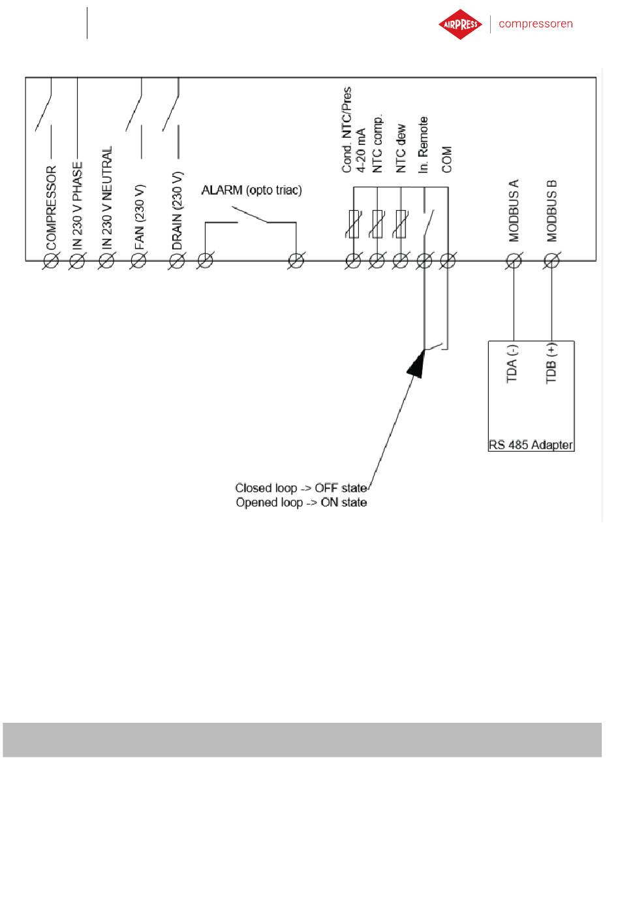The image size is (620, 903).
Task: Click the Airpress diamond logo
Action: coord(460,24)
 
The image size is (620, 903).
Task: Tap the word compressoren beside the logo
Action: coord(535,24)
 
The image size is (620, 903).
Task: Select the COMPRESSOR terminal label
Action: coord(52,208)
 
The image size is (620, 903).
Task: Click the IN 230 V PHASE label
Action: coord(78,206)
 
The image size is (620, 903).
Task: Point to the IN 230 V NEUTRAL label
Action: coord(106,198)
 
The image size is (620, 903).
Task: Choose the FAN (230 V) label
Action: coord(139,217)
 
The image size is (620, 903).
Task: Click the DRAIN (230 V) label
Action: coord(178,211)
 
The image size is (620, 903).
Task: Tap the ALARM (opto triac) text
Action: coord(251,190)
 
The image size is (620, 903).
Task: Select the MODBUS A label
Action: coord(514,211)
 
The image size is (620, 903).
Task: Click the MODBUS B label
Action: coord(551,211)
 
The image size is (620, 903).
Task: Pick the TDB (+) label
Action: coord(551,363)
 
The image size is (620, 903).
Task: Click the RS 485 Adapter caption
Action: coord(531,445)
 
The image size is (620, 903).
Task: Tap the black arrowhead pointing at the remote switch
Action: coord(416,364)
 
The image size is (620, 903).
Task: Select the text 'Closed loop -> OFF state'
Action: coord(301,488)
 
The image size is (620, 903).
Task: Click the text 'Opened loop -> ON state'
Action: coord(302,502)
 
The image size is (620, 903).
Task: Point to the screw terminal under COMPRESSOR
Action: coord(51,261)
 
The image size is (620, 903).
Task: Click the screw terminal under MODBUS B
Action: coord(551,261)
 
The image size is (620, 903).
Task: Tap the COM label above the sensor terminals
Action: coord(447,159)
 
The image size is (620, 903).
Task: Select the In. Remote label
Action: coord(423,145)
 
